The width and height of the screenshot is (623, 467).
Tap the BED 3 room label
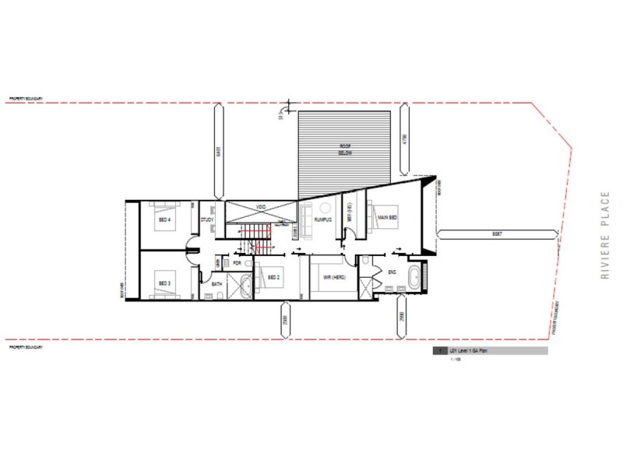[x=164, y=283]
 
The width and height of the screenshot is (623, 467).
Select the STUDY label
[x=207, y=219]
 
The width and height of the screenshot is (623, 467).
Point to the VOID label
[x=261, y=207]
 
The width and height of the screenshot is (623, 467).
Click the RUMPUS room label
[x=323, y=219]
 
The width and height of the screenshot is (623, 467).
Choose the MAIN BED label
[x=388, y=218]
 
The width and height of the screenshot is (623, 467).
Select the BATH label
[x=217, y=285]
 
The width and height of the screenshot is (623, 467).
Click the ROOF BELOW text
[x=345, y=150]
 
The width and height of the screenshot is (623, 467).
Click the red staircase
[x=255, y=237]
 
